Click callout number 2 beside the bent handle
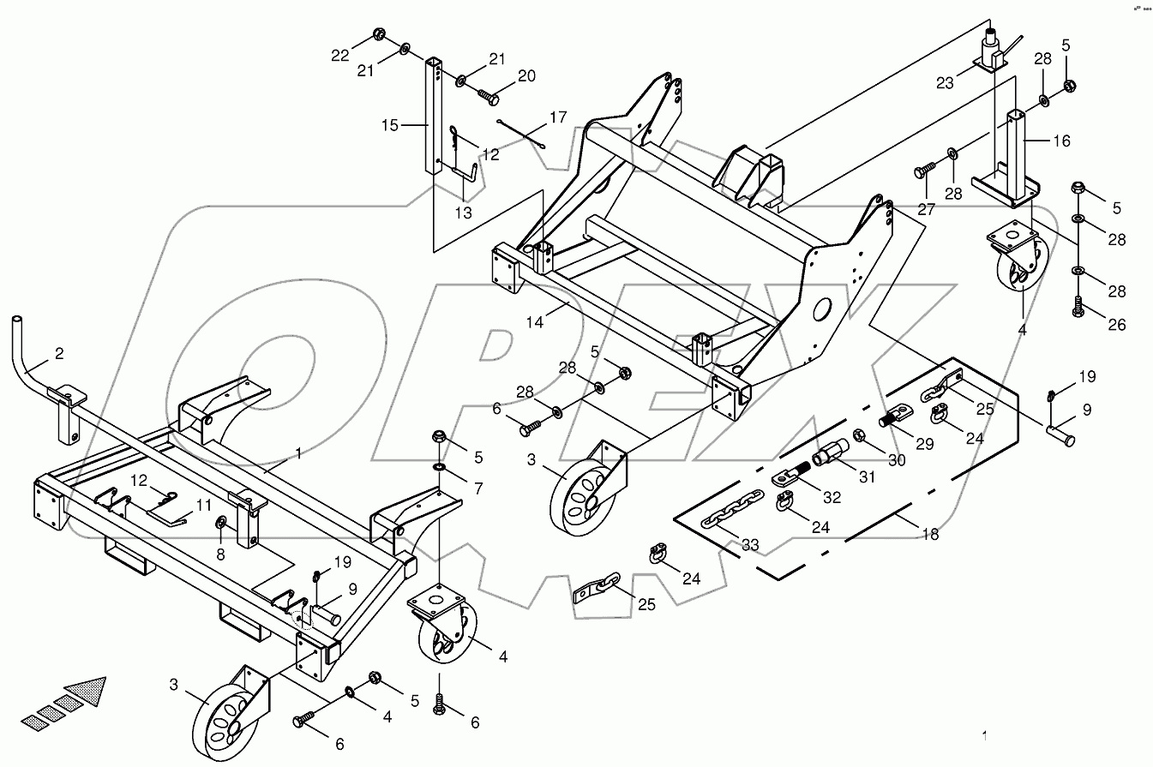pyautogui.click(x=58, y=352)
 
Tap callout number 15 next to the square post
pyautogui.click(x=391, y=125)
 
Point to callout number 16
pyautogui.click(x=1061, y=141)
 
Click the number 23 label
pyautogui.click(x=945, y=83)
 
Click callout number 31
pyautogui.click(x=867, y=476)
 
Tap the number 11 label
pyautogui.click(x=202, y=505)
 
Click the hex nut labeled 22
pyautogui.click(x=378, y=36)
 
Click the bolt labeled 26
pyautogui.click(x=1078, y=308)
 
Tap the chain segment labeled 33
pyautogui.click(x=720, y=519)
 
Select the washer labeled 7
pyautogui.click(x=439, y=467)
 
